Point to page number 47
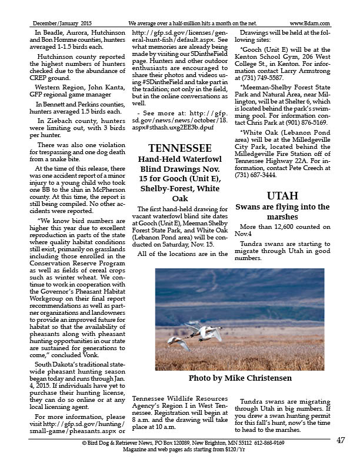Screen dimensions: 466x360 click(341, 440)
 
